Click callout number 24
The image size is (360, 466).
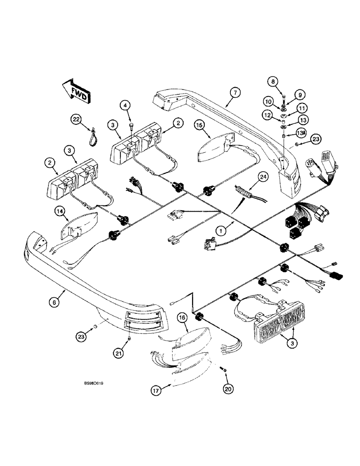tap(263, 177)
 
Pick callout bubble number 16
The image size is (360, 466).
tap(182, 318)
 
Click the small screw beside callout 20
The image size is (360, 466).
tap(223, 369)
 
